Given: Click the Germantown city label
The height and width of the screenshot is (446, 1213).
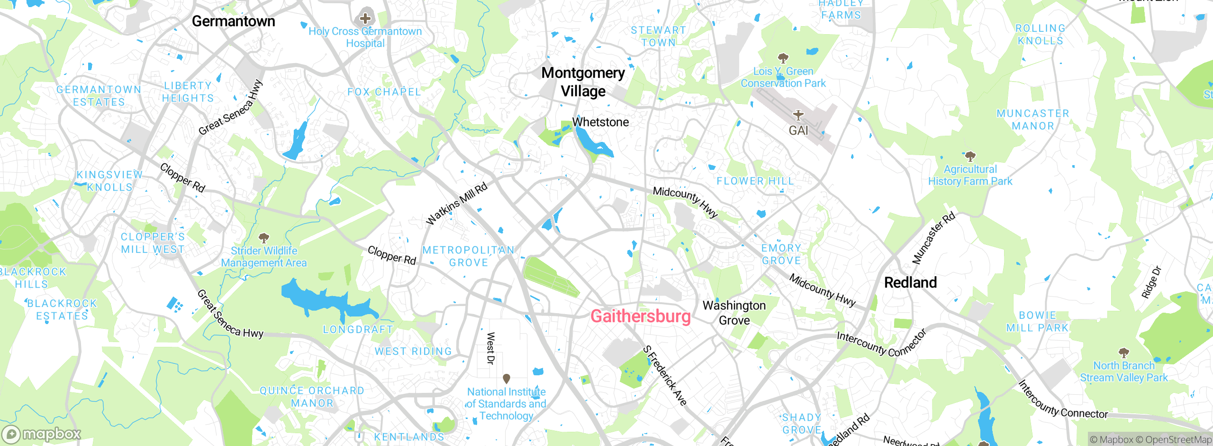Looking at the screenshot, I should click(233, 21).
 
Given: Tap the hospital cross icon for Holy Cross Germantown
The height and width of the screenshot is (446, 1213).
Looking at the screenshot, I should click(365, 19).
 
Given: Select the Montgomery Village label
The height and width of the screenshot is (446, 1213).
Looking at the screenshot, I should click(583, 82).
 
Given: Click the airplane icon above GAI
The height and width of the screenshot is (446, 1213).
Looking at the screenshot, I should click(798, 115).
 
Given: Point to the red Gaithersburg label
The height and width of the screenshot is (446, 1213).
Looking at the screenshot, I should click(640, 316).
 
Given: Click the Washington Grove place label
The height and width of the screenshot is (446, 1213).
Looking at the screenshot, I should click(734, 313).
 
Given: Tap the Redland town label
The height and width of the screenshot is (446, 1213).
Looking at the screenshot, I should click(910, 283).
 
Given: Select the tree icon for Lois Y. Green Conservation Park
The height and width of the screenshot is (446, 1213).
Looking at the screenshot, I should click(783, 58).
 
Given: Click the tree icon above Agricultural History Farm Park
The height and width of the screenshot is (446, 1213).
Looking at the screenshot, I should click(970, 156).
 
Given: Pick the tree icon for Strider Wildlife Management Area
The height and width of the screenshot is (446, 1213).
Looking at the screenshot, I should click(264, 238).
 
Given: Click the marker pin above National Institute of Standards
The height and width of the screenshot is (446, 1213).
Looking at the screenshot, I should click(506, 379).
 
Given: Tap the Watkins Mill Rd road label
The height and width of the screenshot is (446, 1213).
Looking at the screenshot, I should click(456, 204).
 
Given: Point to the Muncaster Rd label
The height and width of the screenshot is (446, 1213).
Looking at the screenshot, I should click(933, 239).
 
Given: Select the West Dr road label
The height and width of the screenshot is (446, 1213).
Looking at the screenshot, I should click(491, 348).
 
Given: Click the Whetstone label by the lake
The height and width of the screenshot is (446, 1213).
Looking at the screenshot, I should click(600, 122).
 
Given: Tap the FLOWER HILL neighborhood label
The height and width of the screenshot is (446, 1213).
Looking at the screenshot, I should click(755, 181).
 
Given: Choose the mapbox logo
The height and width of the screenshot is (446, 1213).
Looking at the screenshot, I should click(42, 434).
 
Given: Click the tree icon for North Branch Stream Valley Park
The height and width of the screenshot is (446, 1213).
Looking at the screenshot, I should click(1123, 353).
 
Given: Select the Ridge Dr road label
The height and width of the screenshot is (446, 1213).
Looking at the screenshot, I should click(1151, 283).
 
